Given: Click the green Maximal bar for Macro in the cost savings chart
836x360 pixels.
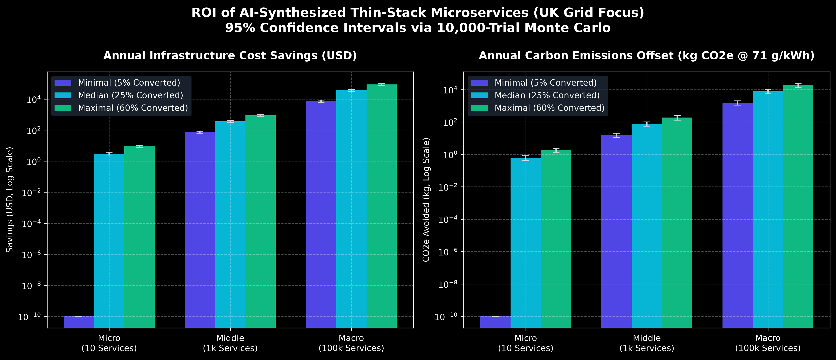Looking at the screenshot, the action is pyautogui.click(x=381, y=206).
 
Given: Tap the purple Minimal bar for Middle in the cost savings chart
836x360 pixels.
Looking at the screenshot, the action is pyautogui.click(x=200, y=230).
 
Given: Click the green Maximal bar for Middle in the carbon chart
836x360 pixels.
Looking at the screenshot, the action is pyautogui.click(x=677, y=223).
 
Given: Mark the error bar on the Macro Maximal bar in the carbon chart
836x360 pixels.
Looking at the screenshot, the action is pyautogui.click(x=798, y=85).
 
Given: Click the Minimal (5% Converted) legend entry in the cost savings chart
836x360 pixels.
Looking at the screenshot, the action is pyautogui.click(x=117, y=83).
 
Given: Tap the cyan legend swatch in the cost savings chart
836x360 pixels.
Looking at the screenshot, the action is pyautogui.click(x=63, y=95).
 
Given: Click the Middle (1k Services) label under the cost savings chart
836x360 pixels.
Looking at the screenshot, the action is pyautogui.click(x=230, y=343).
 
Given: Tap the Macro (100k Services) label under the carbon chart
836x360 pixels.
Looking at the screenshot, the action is pyautogui.click(x=768, y=343).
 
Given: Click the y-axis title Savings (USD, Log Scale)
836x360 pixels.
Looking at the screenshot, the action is pyautogui.click(x=10, y=200).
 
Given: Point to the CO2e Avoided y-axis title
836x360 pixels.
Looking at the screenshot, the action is pyautogui.click(x=426, y=200).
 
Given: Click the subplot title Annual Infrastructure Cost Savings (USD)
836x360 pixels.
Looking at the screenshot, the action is pyautogui.click(x=230, y=56).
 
